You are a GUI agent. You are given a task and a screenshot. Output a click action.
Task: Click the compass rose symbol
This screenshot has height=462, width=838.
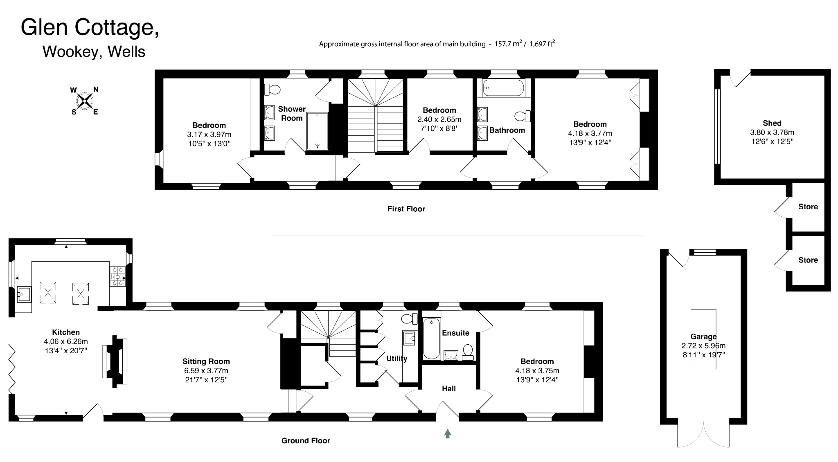coord(85,101)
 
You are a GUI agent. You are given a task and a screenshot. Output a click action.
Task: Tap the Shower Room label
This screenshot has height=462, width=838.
coord(292,114)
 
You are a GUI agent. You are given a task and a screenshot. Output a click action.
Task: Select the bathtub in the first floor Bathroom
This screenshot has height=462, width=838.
coord(503,87)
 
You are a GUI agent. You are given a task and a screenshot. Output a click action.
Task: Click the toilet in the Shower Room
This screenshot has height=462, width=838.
coord(272,89)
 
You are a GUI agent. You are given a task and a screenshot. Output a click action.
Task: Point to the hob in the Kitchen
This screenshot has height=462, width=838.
coord(118,276)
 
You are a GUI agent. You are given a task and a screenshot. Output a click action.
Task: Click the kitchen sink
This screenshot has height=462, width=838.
coord(24,294)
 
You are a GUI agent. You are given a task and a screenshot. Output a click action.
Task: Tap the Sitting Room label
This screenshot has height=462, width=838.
coord(206,361)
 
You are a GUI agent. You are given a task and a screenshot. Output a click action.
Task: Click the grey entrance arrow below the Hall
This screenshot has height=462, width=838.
coord(448,433)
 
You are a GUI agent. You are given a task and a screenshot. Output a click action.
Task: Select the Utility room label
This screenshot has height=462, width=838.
coord(396,359)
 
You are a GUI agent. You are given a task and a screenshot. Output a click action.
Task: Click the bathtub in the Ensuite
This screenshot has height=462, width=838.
coord(432,339)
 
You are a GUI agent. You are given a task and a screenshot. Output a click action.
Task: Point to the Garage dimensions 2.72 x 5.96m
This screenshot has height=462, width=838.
coord(703,346)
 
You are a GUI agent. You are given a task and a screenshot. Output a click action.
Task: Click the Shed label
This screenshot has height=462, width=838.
coord(772,123)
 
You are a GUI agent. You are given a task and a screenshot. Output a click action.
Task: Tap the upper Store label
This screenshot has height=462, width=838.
coord(808,207)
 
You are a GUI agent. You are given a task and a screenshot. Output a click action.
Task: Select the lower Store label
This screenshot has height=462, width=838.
coord(808,260)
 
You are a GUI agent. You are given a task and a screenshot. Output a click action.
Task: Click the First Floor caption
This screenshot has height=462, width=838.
coord(406,209)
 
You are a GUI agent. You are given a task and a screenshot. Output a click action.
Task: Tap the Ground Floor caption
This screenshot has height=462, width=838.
coord(306,441)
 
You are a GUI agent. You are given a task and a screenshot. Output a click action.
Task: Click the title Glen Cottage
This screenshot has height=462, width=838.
coord(90,27)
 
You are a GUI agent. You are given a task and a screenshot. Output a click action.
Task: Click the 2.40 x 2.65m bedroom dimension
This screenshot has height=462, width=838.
coord(439,119)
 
